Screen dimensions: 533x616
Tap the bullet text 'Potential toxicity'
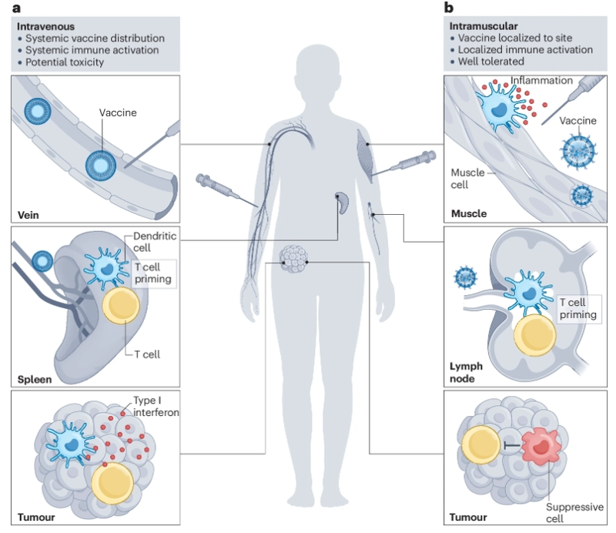tap(65, 62)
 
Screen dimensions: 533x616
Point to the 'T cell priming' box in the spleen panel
tap(152, 273)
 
